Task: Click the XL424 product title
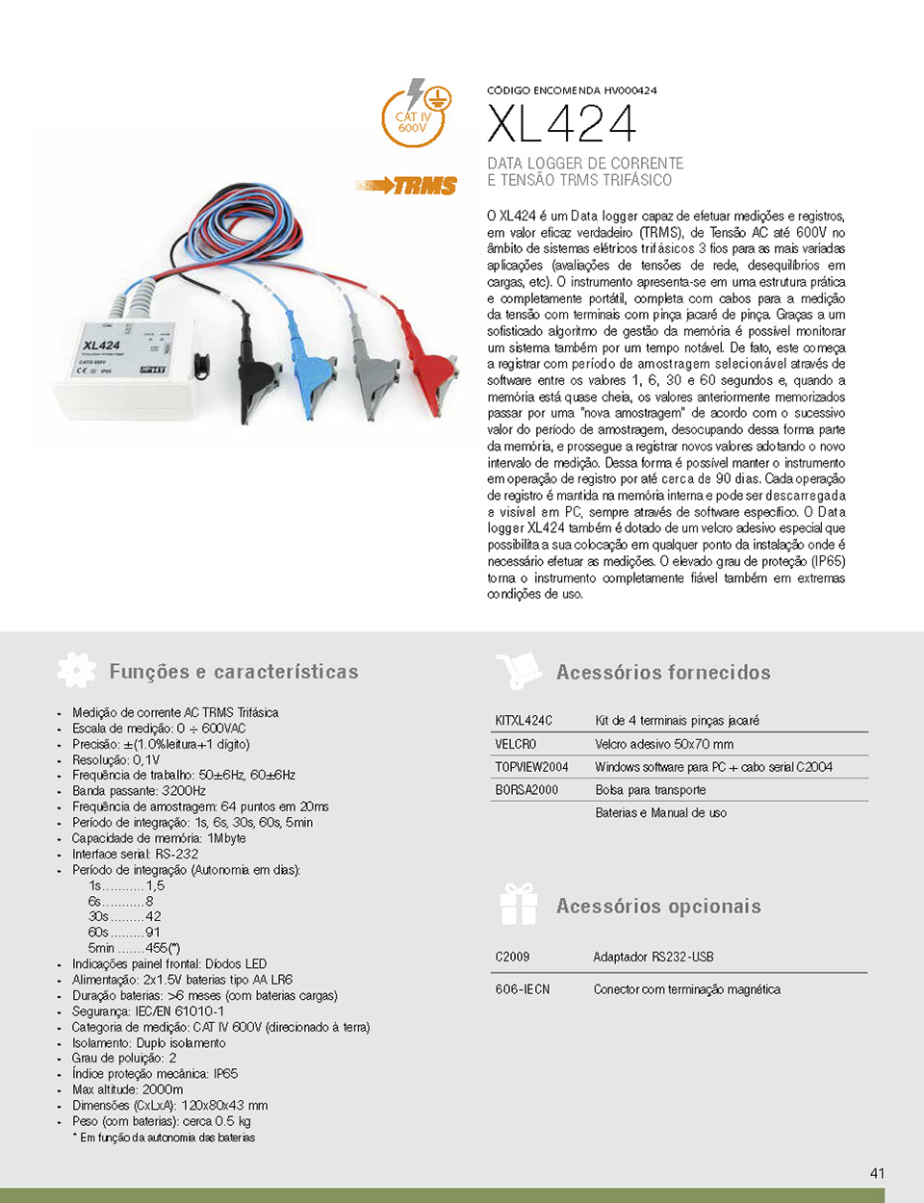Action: [561, 124]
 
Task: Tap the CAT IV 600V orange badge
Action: [414, 118]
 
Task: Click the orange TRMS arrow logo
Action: [407, 185]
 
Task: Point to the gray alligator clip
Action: [370, 365]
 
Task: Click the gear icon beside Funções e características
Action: [77, 670]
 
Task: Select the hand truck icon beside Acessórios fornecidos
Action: [519, 671]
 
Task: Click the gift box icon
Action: [519, 905]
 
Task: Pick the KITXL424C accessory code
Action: [524, 720]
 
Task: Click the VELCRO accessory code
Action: [516, 744]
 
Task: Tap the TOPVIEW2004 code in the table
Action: [531, 767]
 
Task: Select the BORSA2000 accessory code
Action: [526, 790]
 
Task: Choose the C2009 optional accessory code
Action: [512, 957]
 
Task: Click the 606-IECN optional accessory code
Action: [522, 989]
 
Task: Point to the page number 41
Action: [877, 1173]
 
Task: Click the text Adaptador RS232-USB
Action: [653, 957]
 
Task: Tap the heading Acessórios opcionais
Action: [658, 906]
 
